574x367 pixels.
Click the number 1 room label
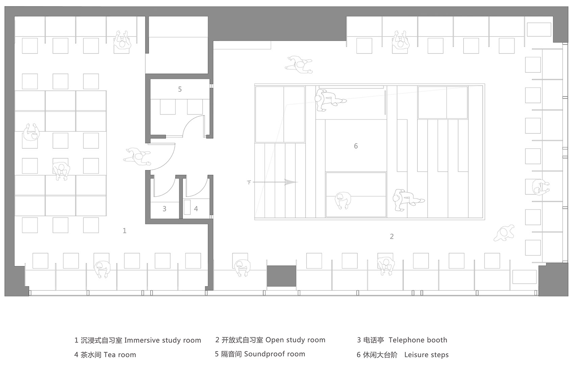pos(125,231)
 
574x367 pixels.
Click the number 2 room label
pos(392,236)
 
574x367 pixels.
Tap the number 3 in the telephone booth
pos(164,209)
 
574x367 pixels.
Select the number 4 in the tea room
pos(196,209)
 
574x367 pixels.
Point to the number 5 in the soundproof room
pos(180,89)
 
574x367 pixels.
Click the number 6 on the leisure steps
pos(356,146)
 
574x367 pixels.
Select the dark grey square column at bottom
pos(281,276)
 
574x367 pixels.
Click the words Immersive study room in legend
pos(162,340)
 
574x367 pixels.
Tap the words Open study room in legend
pos(295,340)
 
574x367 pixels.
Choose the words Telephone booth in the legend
pos(418,340)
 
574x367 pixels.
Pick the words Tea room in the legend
pos(120,355)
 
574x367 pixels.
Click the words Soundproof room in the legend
pos(274,354)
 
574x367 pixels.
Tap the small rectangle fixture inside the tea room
pos(187,206)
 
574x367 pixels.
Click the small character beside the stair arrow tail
pos(249,182)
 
